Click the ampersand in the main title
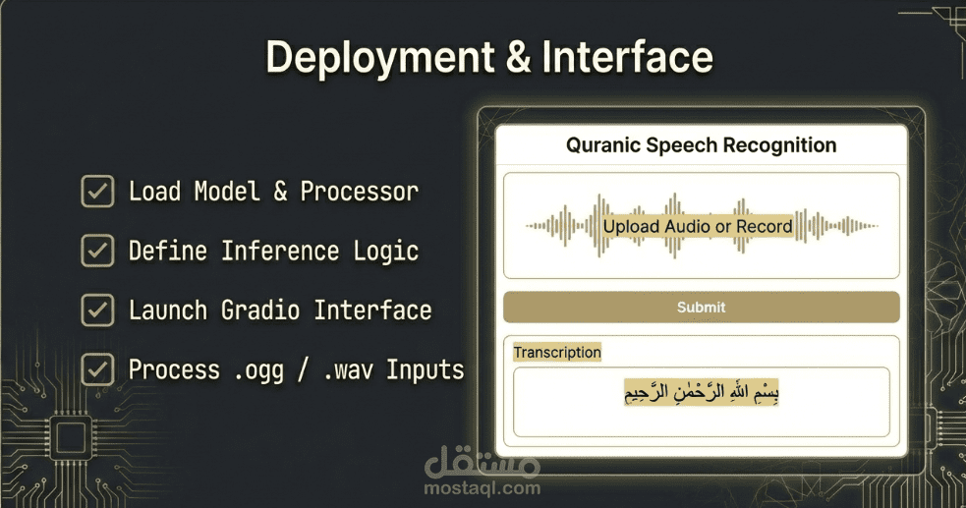click(x=517, y=58)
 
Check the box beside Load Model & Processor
click(x=96, y=192)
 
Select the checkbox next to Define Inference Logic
click(x=96, y=252)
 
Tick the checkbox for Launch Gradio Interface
click(x=96, y=310)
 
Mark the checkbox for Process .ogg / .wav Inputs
click(x=96, y=370)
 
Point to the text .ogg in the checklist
click(x=256, y=370)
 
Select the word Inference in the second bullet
click(x=281, y=252)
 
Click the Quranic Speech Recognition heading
click(x=701, y=145)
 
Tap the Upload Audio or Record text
click(x=698, y=226)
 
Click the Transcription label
click(x=557, y=353)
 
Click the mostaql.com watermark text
click(x=483, y=487)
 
